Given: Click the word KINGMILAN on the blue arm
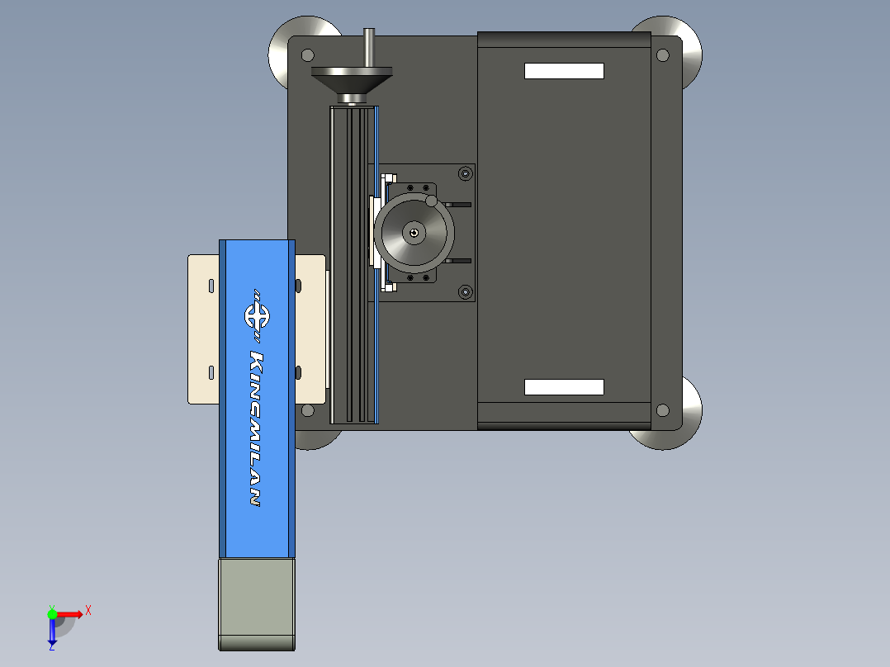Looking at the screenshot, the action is click(257, 428).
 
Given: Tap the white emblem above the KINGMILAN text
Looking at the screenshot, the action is click(257, 316).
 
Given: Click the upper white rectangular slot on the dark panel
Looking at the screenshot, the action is click(564, 71).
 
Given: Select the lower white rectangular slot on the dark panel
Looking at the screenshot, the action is click(564, 387).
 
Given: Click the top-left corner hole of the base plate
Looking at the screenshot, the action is click(308, 55).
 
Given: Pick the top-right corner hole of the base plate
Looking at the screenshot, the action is click(662, 55).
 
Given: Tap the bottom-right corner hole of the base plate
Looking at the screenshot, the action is click(662, 409).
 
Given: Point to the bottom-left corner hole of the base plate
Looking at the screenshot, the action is click(308, 409).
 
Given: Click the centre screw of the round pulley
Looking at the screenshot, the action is click(414, 233).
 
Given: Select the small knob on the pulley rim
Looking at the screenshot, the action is click(431, 201).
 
